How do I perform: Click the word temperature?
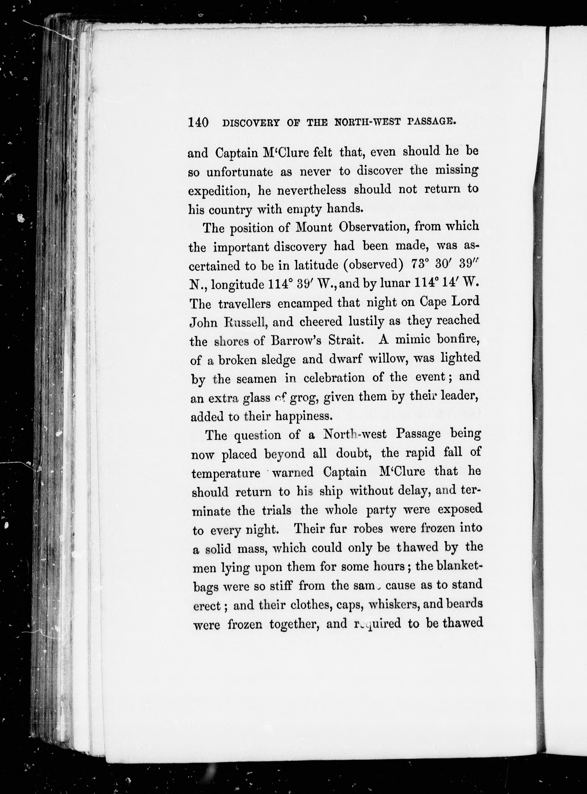[x=226, y=473]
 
